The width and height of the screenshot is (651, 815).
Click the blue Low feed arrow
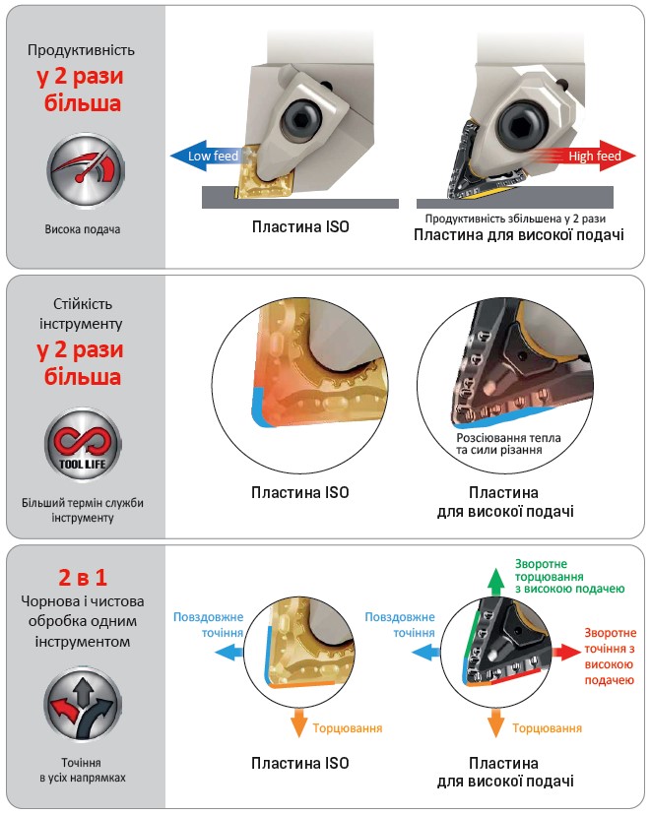click(x=206, y=156)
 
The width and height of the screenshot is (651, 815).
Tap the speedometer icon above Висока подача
click(x=86, y=171)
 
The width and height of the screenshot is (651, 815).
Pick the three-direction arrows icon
click(x=83, y=706)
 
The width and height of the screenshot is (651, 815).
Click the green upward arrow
click(x=496, y=582)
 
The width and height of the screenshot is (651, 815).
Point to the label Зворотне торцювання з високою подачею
click(x=569, y=577)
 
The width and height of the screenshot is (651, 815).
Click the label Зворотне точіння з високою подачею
click(x=610, y=657)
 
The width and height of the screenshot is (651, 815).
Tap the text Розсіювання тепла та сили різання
click(x=508, y=444)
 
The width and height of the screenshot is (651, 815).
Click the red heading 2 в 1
click(x=83, y=578)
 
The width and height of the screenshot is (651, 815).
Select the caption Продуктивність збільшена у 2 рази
click(x=515, y=219)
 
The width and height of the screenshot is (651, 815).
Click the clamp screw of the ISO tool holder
click(x=299, y=121)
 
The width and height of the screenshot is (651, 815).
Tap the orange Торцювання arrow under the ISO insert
click(x=299, y=721)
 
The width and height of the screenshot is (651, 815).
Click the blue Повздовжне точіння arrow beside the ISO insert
click(x=229, y=652)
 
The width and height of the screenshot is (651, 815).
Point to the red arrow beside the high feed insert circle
click(x=565, y=652)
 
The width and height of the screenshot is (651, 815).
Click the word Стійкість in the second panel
click(x=83, y=304)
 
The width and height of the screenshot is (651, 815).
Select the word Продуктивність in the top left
click(x=81, y=50)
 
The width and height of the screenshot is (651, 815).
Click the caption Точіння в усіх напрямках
click(x=83, y=771)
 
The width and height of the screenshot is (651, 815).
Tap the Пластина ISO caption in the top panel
click(x=300, y=227)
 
